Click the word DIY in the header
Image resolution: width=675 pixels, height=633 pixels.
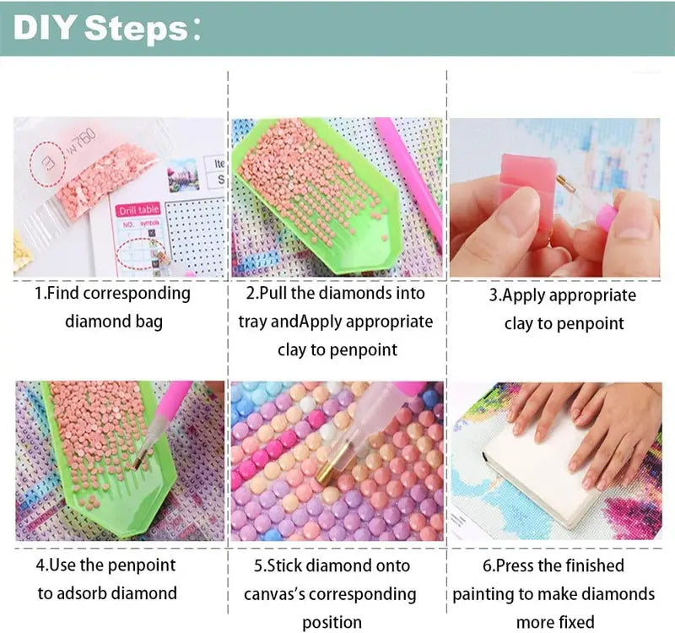45,28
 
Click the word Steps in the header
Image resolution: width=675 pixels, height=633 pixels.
136,29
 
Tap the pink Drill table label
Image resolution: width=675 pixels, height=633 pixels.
138,210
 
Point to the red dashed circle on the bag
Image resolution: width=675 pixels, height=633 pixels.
47,163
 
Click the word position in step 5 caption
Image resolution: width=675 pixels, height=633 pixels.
332,623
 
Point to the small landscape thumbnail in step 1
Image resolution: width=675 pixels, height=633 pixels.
183,176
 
